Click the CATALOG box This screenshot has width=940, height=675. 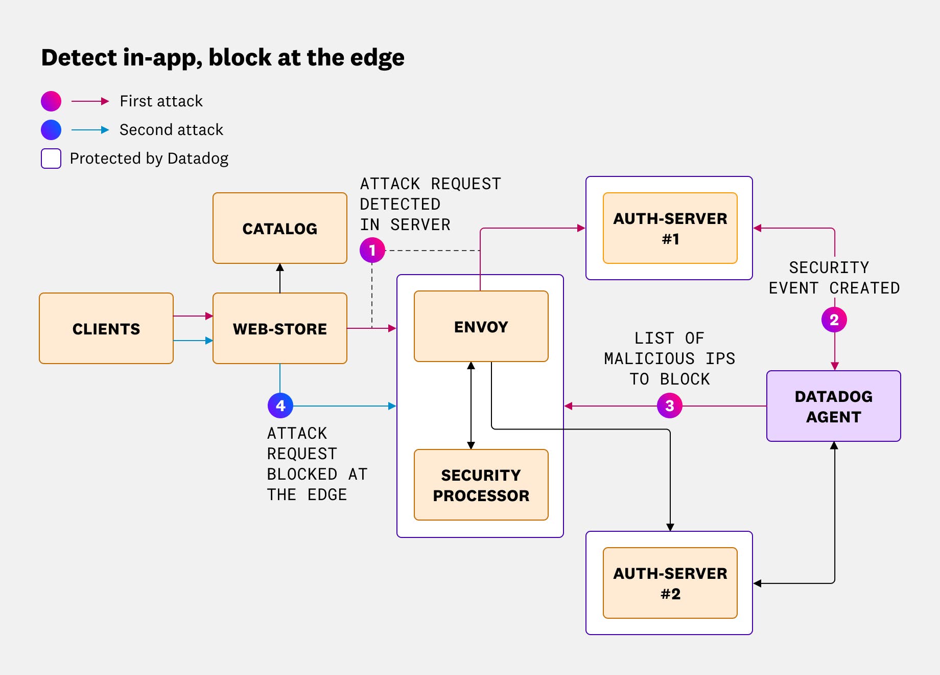(280, 228)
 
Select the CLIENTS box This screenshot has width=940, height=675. (106, 328)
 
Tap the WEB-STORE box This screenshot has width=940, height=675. (280, 328)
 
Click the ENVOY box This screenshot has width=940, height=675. (481, 326)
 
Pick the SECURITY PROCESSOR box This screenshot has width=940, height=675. (481, 485)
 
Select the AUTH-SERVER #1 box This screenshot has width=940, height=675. (670, 228)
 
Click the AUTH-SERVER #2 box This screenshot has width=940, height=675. (670, 583)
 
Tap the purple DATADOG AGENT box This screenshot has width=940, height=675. (833, 406)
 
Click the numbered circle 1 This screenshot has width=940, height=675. (372, 250)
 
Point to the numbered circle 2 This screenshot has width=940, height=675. (834, 320)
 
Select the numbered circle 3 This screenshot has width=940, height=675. (669, 406)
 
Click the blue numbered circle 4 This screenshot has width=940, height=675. (280, 406)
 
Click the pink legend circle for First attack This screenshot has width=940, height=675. (51, 101)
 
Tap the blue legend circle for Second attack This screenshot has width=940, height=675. (51, 130)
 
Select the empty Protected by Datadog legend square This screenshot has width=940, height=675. (51, 159)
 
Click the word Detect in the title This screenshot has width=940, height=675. (79, 57)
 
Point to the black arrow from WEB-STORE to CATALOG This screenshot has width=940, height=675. (280, 278)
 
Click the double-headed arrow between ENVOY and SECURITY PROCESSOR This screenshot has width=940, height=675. (471, 406)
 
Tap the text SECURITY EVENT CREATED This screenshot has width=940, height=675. (834, 278)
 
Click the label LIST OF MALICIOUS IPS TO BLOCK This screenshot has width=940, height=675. (669, 358)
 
